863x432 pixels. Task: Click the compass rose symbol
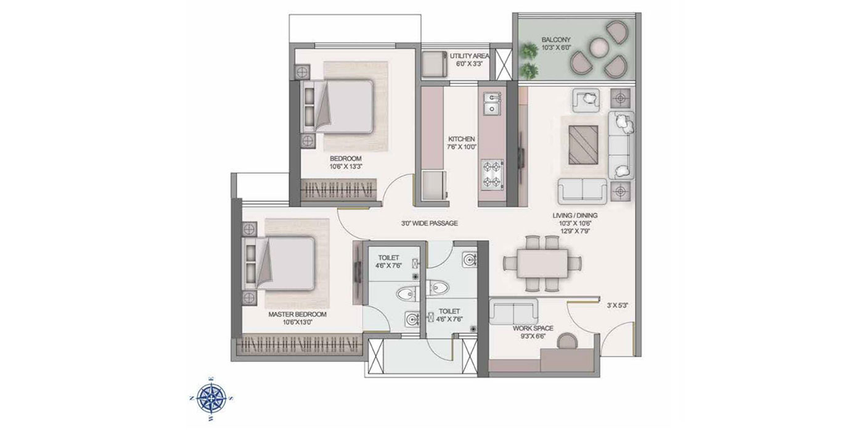(211, 397)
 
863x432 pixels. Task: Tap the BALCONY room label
(555, 39)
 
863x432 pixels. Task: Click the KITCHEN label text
(461, 139)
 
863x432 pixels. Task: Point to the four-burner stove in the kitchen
(492, 174)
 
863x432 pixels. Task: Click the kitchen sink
(492, 104)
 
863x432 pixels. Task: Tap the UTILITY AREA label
(470, 56)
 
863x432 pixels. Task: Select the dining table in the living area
(542, 263)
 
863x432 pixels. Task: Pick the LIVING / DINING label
(575, 215)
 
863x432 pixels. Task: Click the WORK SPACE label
(533, 328)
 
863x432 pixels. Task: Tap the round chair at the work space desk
(568, 342)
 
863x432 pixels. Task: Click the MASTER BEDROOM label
(297, 314)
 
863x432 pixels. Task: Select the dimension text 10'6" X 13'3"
(346, 167)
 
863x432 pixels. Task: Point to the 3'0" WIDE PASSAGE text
(429, 223)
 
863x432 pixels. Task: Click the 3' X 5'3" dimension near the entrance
(618, 305)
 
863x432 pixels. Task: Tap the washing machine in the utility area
(435, 64)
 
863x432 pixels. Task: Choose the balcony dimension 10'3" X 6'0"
(556, 48)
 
